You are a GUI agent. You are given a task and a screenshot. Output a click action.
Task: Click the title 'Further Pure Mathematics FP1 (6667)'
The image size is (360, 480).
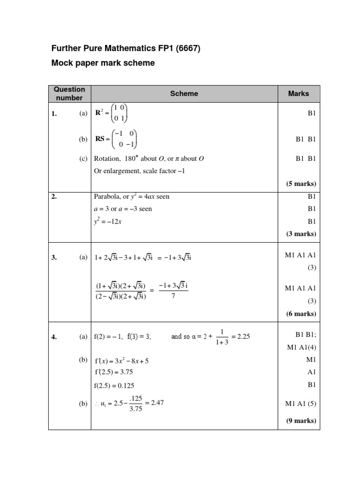click(x=126, y=48)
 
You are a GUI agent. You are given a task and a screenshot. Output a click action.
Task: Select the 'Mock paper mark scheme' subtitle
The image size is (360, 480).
click(x=103, y=63)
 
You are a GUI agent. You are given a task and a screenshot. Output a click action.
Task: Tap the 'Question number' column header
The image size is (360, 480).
click(x=69, y=94)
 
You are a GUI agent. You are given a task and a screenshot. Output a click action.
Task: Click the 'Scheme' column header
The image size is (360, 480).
click(x=184, y=94)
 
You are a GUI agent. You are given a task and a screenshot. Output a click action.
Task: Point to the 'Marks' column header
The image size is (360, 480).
click(x=299, y=94)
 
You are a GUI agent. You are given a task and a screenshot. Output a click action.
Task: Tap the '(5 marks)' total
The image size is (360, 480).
click(x=301, y=183)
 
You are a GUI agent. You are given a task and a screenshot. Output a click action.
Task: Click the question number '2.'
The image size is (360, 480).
click(x=54, y=197)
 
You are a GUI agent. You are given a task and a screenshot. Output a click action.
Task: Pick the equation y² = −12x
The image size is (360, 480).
click(x=108, y=221)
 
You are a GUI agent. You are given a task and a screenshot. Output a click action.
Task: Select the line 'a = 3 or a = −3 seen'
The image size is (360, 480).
click(x=123, y=209)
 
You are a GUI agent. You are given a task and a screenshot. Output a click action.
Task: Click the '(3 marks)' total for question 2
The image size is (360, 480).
click(x=301, y=233)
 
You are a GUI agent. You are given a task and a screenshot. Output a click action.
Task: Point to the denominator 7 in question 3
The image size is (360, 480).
click(x=173, y=296)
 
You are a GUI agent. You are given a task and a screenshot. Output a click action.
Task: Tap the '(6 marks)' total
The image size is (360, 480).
click(x=301, y=314)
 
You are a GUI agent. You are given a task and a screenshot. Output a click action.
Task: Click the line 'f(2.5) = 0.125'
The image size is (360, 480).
click(x=114, y=385)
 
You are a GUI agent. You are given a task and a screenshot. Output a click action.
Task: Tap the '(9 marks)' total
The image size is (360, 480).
click(x=301, y=420)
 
